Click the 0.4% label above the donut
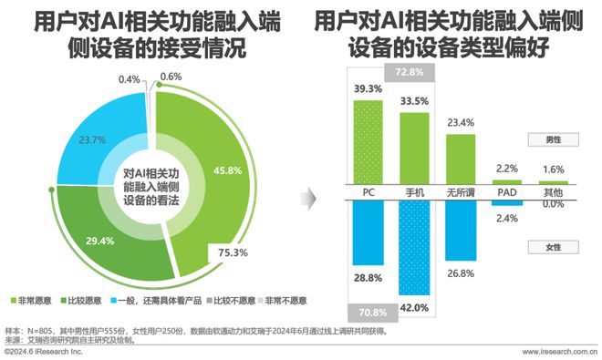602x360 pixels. click(130, 79)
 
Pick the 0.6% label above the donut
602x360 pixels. click(171, 76)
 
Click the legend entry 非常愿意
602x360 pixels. click(30, 299)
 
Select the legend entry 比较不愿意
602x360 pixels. click(230, 299)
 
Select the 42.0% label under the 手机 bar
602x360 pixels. click(415, 307)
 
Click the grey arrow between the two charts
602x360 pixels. click(309, 196)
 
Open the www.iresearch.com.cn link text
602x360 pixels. click(559, 351)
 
